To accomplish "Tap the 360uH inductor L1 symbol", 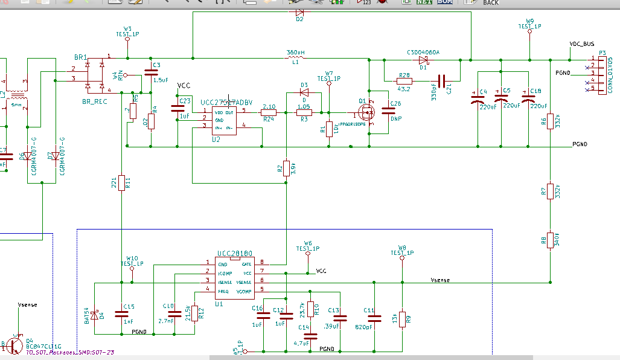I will pyautogui.click(x=296, y=59).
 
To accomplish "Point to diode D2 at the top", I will pyautogui.click(x=300, y=11).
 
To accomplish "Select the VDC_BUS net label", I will pyautogui.click(x=582, y=45).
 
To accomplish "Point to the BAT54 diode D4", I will pyautogui.click(x=94, y=315).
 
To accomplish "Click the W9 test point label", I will pyautogui.click(x=529, y=21).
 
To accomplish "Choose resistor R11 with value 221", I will pyautogui.click(x=121, y=182).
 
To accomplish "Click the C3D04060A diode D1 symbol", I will pyautogui.click(x=423, y=59).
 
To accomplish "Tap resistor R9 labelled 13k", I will pyautogui.click(x=401, y=318).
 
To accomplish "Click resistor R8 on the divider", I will pyautogui.click(x=550, y=240).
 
